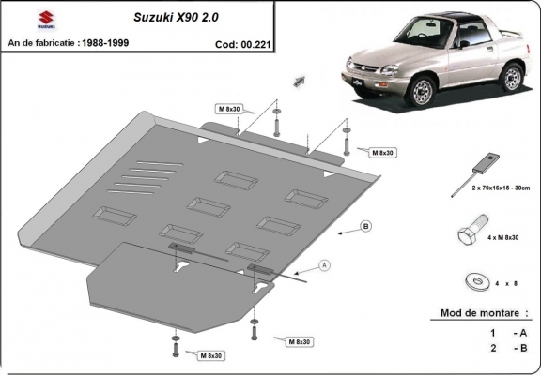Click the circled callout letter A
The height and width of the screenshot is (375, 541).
325,265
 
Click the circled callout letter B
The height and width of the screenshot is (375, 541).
365,226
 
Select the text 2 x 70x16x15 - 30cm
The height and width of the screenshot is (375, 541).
494,188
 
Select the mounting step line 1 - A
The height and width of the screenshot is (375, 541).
506,332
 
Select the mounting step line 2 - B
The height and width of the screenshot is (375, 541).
506,348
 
